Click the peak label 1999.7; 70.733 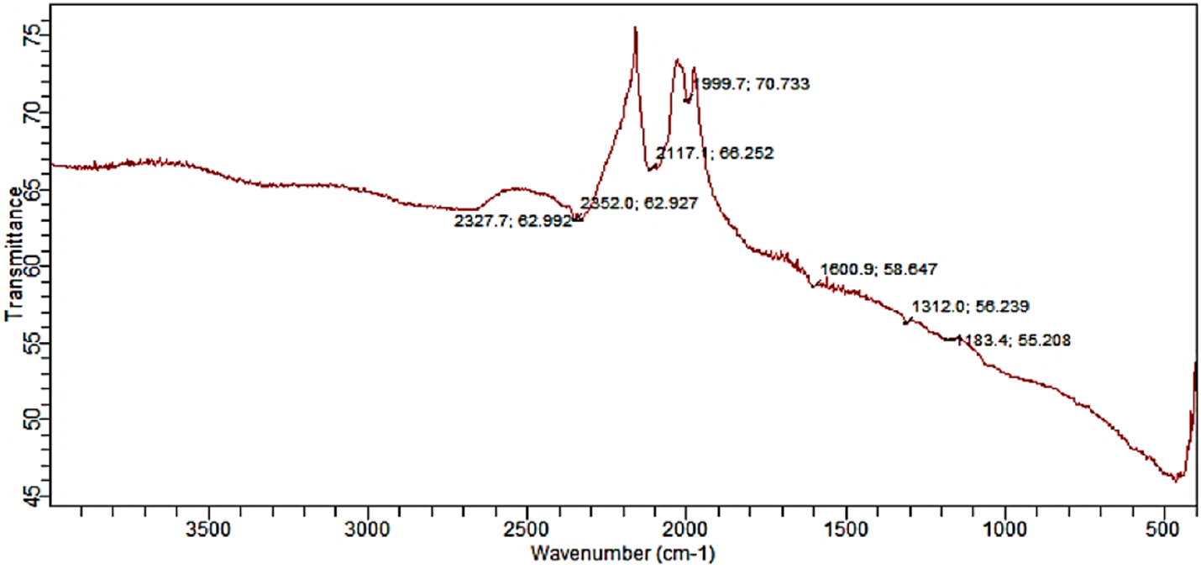pyautogui.click(x=751, y=84)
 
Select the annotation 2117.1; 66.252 pyautogui.click(x=715, y=153)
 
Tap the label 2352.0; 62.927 pyautogui.click(x=638, y=204)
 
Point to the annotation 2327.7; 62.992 pyautogui.click(x=512, y=221)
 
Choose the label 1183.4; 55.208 pyautogui.click(x=1013, y=340)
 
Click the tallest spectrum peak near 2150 pyautogui.click(x=635, y=29)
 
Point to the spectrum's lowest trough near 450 pyautogui.click(x=1176, y=480)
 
